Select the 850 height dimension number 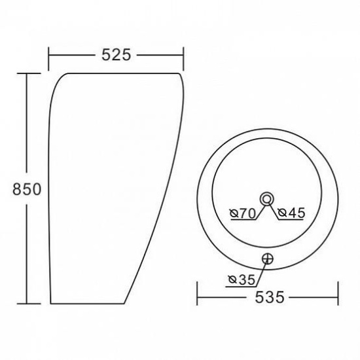pyautogui.click(x=27, y=189)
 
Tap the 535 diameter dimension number pyautogui.click(x=267, y=298)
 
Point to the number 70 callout pyautogui.click(x=246, y=213)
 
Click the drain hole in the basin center pyautogui.click(x=267, y=198)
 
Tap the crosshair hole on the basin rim pyautogui.click(x=267, y=259)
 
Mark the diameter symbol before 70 pyautogui.click(x=234, y=213)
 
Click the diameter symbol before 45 pyautogui.click(x=279, y=213)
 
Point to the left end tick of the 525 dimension pyautogui.click(x=48, y=57)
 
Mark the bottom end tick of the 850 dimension pyautogui.click(x=26, y=303)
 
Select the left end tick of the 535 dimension pyautogui.click(x=198, y=298)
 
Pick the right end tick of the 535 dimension pyautogui.click(x=337, y=298)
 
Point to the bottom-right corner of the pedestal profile pyautogui.click(x=123, y=303)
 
